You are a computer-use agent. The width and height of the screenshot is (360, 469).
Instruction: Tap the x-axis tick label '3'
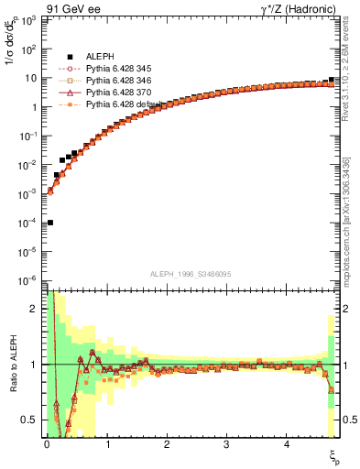pos(226,444)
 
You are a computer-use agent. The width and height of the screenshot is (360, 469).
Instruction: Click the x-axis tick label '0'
pos(47,444)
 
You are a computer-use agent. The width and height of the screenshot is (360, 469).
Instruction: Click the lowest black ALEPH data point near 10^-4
pos(49,223)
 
